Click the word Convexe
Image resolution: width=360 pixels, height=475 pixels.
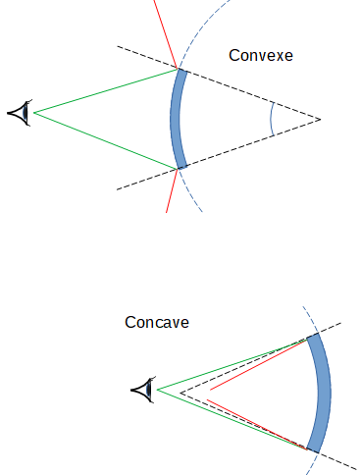261,55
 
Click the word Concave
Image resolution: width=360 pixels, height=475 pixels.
157,322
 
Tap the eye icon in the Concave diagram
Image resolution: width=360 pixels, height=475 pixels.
143,390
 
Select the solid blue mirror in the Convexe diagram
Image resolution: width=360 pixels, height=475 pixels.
178,118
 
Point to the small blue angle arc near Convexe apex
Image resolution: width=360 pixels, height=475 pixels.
272,120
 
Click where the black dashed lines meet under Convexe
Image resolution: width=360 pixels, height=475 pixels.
320,120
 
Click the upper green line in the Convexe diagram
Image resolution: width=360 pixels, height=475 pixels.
103,91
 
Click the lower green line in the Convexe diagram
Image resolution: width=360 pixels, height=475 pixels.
103,139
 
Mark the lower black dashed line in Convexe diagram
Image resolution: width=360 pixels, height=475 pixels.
245,147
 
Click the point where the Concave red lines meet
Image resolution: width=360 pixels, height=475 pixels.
209,390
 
